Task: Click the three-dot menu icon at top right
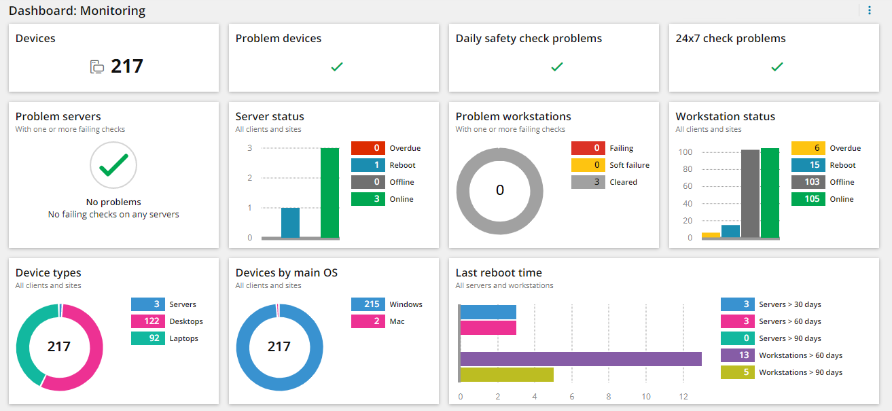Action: click(x=870, y=10)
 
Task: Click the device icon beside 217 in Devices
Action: click(x=97, y=67)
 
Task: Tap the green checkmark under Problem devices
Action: click(x=336, y=67)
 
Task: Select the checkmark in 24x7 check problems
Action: click(x=777, y=67)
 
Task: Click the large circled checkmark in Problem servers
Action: click(x=113, y=165)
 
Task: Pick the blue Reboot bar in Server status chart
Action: click(x=290, y=223)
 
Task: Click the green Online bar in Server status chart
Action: click(x=329, y=193)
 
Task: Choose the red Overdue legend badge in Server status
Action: click(x=368, y=148)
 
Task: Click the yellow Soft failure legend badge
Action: click(x=588, y=165)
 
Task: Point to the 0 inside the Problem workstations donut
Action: click(x=500, y=190)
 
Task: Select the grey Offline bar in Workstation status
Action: click(x=750, y=194)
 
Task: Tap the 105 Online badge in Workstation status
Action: click(x=808, y=199)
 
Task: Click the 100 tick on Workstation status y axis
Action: click(x=685, y=151)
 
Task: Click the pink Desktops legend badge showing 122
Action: click(x=147, y=321)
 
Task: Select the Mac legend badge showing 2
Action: click(x=368, y=321)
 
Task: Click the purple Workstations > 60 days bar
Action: click(x=581, y=359)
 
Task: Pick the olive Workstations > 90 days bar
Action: click(x=507, y=374)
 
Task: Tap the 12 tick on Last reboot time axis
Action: click(x=683, y=397)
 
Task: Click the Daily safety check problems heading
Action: click(x=529, y=39)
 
